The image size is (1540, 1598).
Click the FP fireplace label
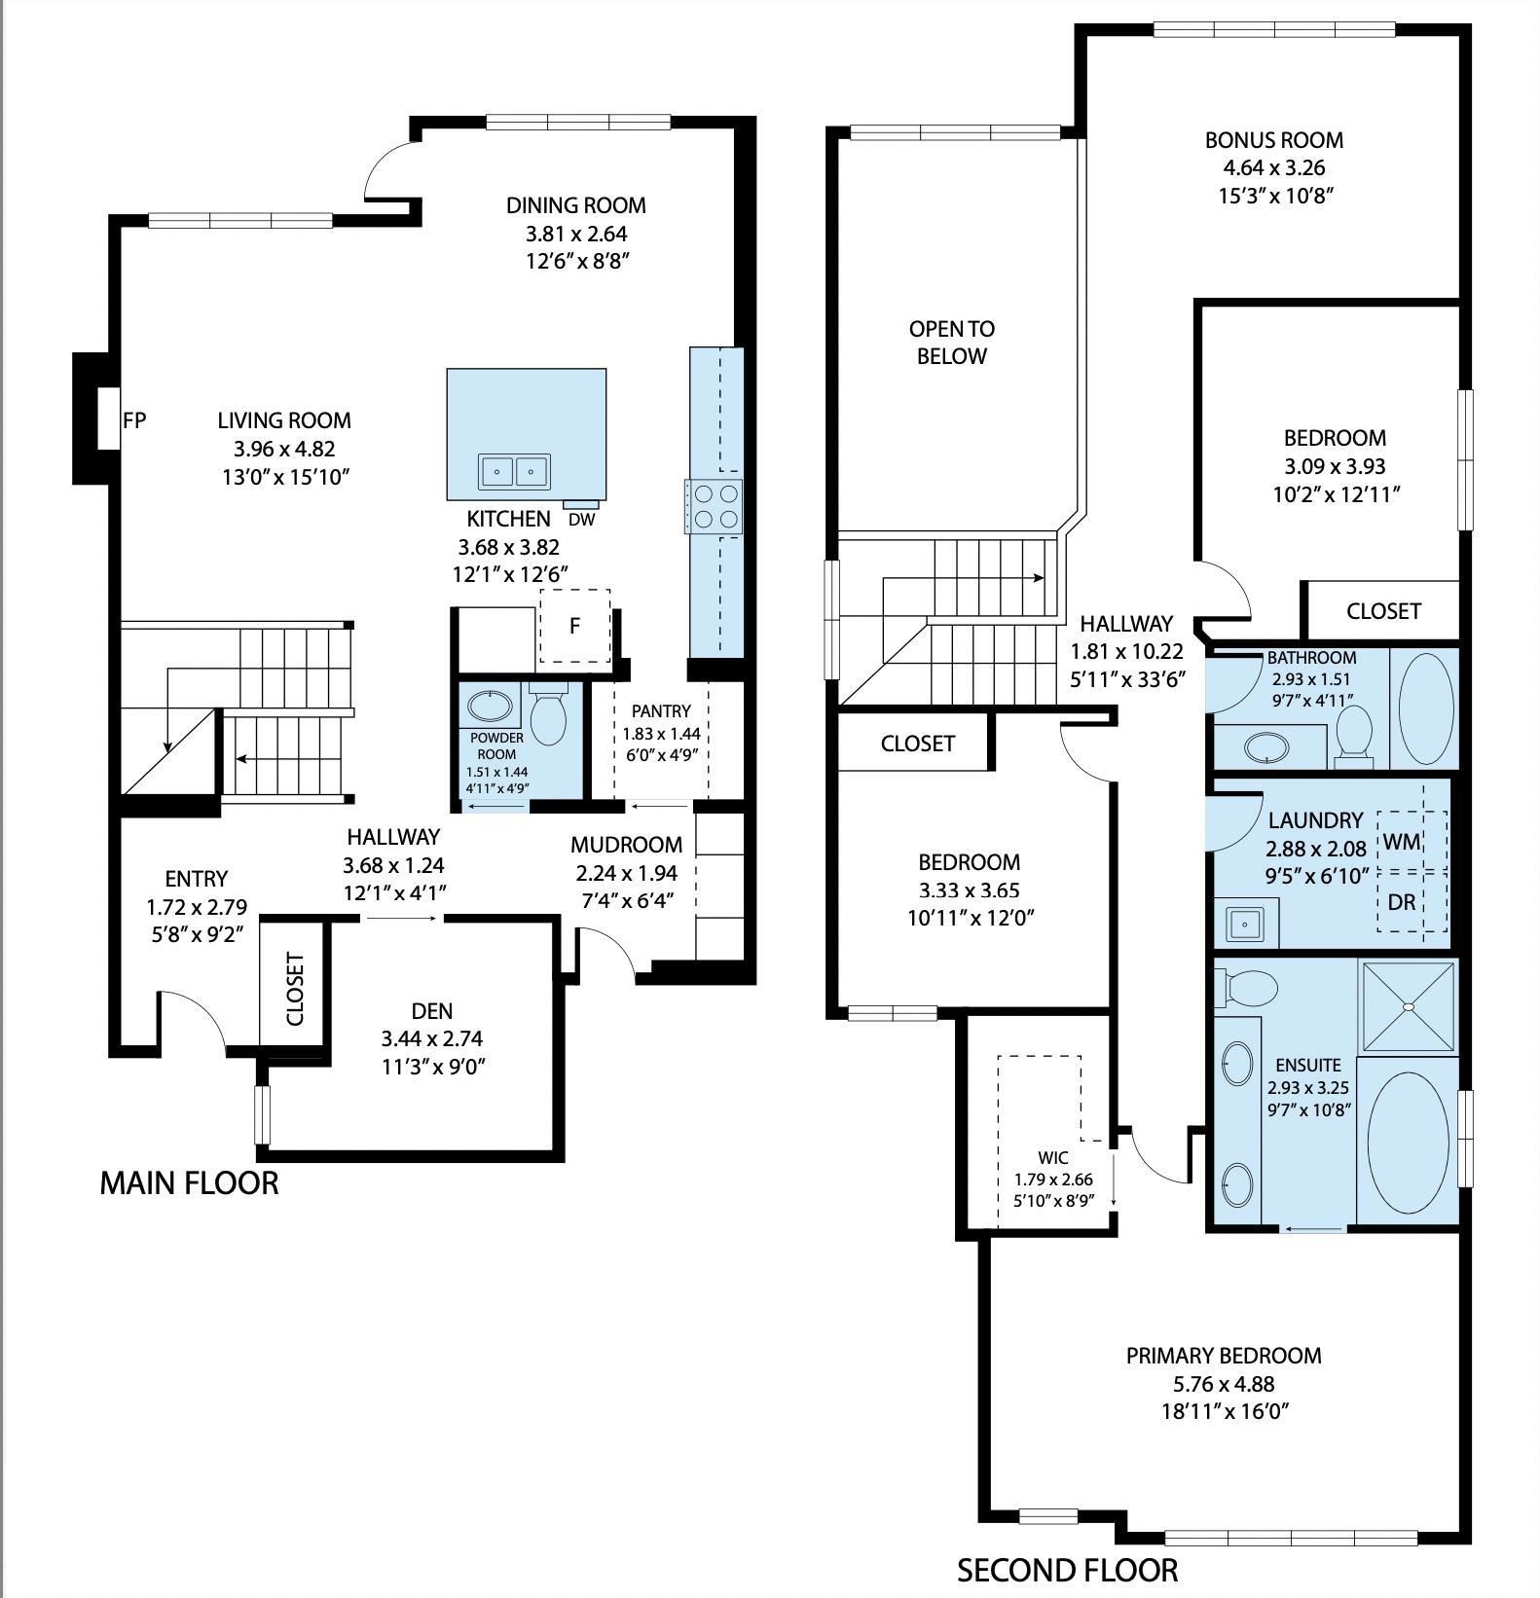134,420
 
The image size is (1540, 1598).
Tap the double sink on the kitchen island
513,471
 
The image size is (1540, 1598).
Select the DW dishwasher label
581,519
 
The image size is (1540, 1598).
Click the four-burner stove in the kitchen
715,506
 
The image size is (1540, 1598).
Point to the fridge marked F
574,626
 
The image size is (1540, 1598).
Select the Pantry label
661,711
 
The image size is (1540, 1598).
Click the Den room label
432,1011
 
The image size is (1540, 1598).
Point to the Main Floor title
189,1182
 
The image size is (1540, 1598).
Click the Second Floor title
1067,1570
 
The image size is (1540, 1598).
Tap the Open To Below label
951,343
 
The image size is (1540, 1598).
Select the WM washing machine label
1401,842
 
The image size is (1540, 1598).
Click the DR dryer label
1401,902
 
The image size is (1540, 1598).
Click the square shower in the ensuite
1407,1006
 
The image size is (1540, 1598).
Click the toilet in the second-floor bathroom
1352,732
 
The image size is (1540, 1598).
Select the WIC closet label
1053,1157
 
